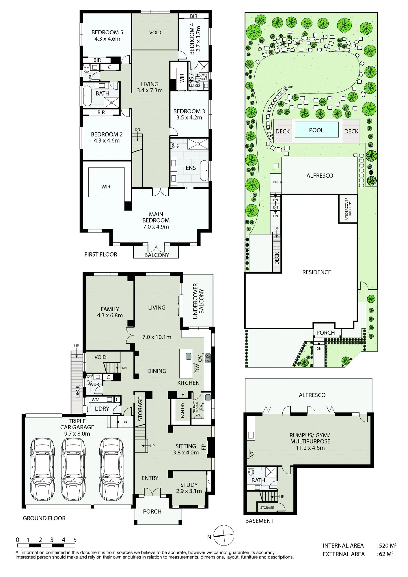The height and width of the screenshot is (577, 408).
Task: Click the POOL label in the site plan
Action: pos(316,130)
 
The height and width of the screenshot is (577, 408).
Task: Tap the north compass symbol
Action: pos(224,535)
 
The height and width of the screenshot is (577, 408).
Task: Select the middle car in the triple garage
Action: pos(73,469)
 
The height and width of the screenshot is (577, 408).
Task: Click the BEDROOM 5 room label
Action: pos(107,32)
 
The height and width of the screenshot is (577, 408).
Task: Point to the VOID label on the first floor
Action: pos(155,33)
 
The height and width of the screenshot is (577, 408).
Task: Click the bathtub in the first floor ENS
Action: pos(204,171)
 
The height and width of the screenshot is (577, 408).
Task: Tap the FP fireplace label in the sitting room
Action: pos(203,447)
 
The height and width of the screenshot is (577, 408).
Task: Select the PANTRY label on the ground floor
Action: pos(182,410)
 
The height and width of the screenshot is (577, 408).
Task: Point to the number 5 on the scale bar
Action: pos(75,540)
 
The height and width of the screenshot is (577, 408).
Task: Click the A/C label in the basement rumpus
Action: pos(251,454)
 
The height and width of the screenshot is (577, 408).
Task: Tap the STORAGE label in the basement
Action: pos(267,507)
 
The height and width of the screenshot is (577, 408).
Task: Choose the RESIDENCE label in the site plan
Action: pos(316,272)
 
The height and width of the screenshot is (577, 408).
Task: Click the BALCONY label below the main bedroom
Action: pos(157,255)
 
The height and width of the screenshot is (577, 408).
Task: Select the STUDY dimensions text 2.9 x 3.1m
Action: pos(189,491)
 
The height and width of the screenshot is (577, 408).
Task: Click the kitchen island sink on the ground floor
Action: pos(189,356)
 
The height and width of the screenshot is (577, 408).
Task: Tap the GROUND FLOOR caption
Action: pos(44,518)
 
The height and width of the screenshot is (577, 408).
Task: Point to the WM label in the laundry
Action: pos(96,400)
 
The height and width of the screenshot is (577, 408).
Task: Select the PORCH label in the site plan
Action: pos(325,333)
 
